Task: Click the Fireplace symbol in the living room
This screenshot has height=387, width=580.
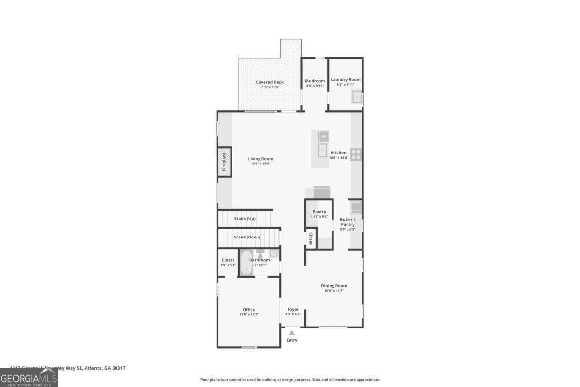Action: tap(224, 162)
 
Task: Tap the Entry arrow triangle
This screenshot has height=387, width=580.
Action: tap(291, 333)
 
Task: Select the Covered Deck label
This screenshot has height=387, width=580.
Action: tap(270, 82)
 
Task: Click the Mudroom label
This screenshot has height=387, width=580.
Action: tap(315, 81)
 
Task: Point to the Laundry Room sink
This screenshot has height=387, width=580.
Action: tap(357, 97)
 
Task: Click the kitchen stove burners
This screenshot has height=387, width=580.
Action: tap(356, 154)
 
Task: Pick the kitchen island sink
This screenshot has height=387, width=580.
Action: tap(322, 150)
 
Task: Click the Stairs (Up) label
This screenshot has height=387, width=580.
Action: tap(245, 219)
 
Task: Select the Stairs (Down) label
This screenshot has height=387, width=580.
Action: tap(247, 237)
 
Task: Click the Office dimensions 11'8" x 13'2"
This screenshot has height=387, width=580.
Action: tap(249, 315)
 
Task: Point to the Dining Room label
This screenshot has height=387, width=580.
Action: tap(334, 286)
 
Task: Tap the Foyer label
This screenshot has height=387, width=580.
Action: tap(293, 309)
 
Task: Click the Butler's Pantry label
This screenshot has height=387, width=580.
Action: tap(348, 222)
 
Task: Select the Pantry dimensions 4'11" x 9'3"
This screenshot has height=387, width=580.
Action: tap(319, 217)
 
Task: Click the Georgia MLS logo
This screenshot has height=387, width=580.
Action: tap(29, 377)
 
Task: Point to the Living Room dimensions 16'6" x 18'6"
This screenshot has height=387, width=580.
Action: tap(261, 164)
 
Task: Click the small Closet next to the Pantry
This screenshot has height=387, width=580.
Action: tap(310, 238)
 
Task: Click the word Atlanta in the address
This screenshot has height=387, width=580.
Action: tap(93, 368)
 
